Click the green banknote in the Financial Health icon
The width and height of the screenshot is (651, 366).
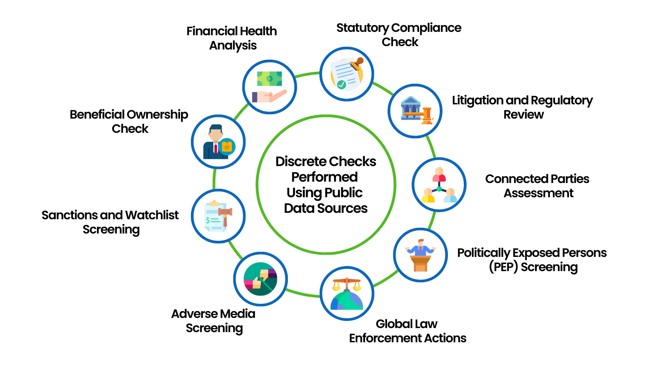270,79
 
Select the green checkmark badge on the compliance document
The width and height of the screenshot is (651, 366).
341,84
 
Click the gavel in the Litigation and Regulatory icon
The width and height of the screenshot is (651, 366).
425,115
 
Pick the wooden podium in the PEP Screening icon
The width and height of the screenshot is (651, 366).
420,263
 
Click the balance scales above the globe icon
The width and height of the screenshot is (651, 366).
347,283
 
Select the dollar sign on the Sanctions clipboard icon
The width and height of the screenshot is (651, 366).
208,220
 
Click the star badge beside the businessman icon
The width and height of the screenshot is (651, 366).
227,147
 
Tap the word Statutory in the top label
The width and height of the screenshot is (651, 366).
362,28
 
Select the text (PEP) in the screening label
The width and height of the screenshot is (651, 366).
503,267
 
